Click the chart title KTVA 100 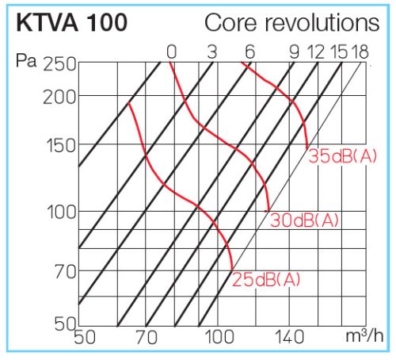coord(69,23)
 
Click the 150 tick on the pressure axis coord(60,146)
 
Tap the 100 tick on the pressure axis coord(60,212)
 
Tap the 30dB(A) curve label coord(305,220)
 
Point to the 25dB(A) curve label coord(267,279)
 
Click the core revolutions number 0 coord(172,52)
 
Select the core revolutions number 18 coord(359,52)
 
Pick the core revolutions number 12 coord(316,52)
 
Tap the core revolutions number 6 coord(250,52)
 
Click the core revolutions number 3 coord(211,52)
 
